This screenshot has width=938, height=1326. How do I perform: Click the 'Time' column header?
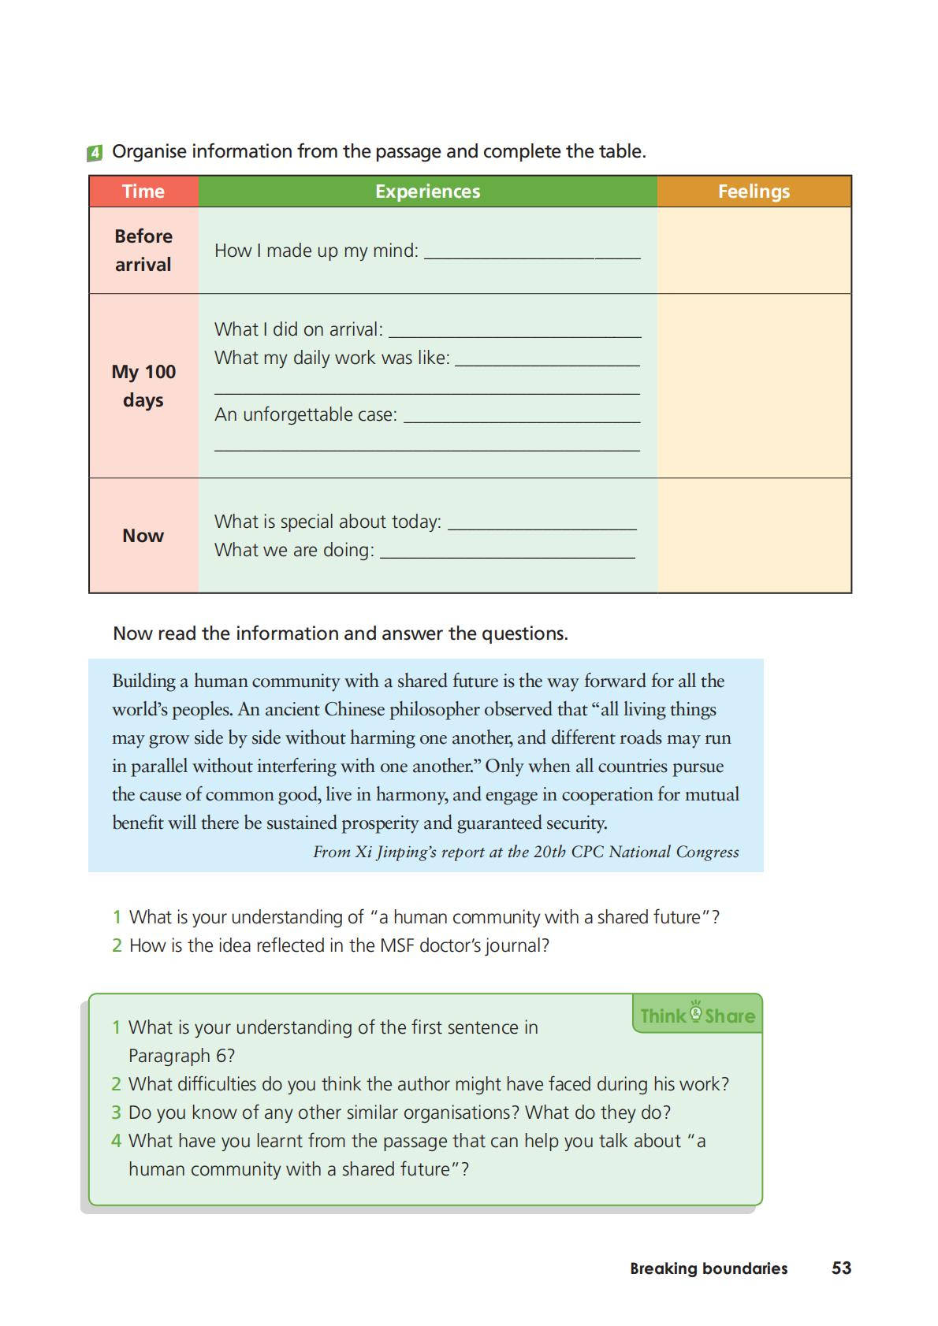point(143,191)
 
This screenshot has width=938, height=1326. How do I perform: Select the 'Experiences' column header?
point(427,191)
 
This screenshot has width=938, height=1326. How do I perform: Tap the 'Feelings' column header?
point(754,191)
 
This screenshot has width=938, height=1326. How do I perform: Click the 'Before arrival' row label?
point(143,251)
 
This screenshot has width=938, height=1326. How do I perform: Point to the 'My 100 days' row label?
point(143,386)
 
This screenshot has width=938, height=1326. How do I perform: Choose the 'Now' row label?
point(143,536)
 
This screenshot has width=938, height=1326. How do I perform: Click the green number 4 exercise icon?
point(95,153)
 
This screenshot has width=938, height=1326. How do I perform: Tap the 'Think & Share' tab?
point(697,1015)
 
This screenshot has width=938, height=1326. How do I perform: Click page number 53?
point(841,1268)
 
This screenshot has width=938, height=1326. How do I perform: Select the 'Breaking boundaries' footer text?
point(709,1268)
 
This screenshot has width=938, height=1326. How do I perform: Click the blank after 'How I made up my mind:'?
point(532,252)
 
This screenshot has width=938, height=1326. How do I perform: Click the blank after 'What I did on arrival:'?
point(515,331)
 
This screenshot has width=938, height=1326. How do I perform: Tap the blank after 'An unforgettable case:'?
point(522,416)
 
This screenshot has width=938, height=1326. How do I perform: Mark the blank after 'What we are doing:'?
point(507,552)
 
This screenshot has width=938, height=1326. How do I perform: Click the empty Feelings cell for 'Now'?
point(754,536)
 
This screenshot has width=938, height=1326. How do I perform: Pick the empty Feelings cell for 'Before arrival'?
point(754,251)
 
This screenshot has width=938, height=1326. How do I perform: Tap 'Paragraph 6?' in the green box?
point(181,1056)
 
